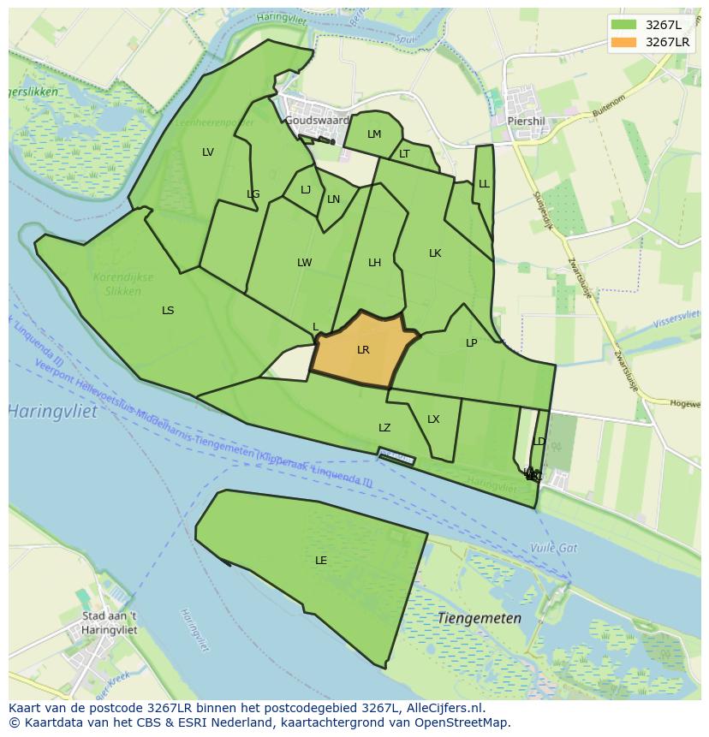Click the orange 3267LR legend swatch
(x=624, y=42)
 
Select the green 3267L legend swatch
(x=624, y=24)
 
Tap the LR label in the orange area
(x=363, y=350)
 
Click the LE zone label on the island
(x=321, y=561)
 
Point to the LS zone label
(x=168, y=311)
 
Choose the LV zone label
(x=208, y=152)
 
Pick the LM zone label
(x=374, y=134)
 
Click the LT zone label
(x=404, y=154)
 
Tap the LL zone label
(x=484, y=184)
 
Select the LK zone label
(x=435, y=253)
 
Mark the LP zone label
(x=471, y=343)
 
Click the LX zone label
(x=433, y=419)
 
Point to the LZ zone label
(x=384, y=428)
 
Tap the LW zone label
(x=304, y=263)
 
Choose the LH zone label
(x=374, y=263)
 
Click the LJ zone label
(x=306, y=190)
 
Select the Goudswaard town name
(x=317, y=121)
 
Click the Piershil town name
(x=526, y=121)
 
